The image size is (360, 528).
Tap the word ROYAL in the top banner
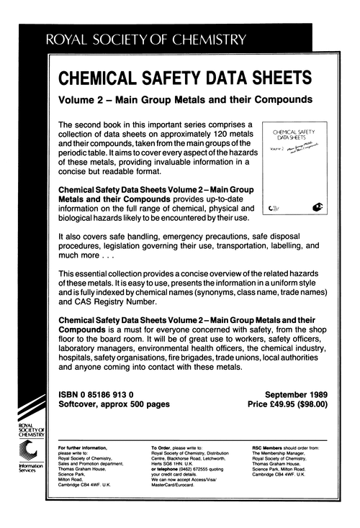(x=68, y=42)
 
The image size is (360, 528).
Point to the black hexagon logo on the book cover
(x=318, y=208)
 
